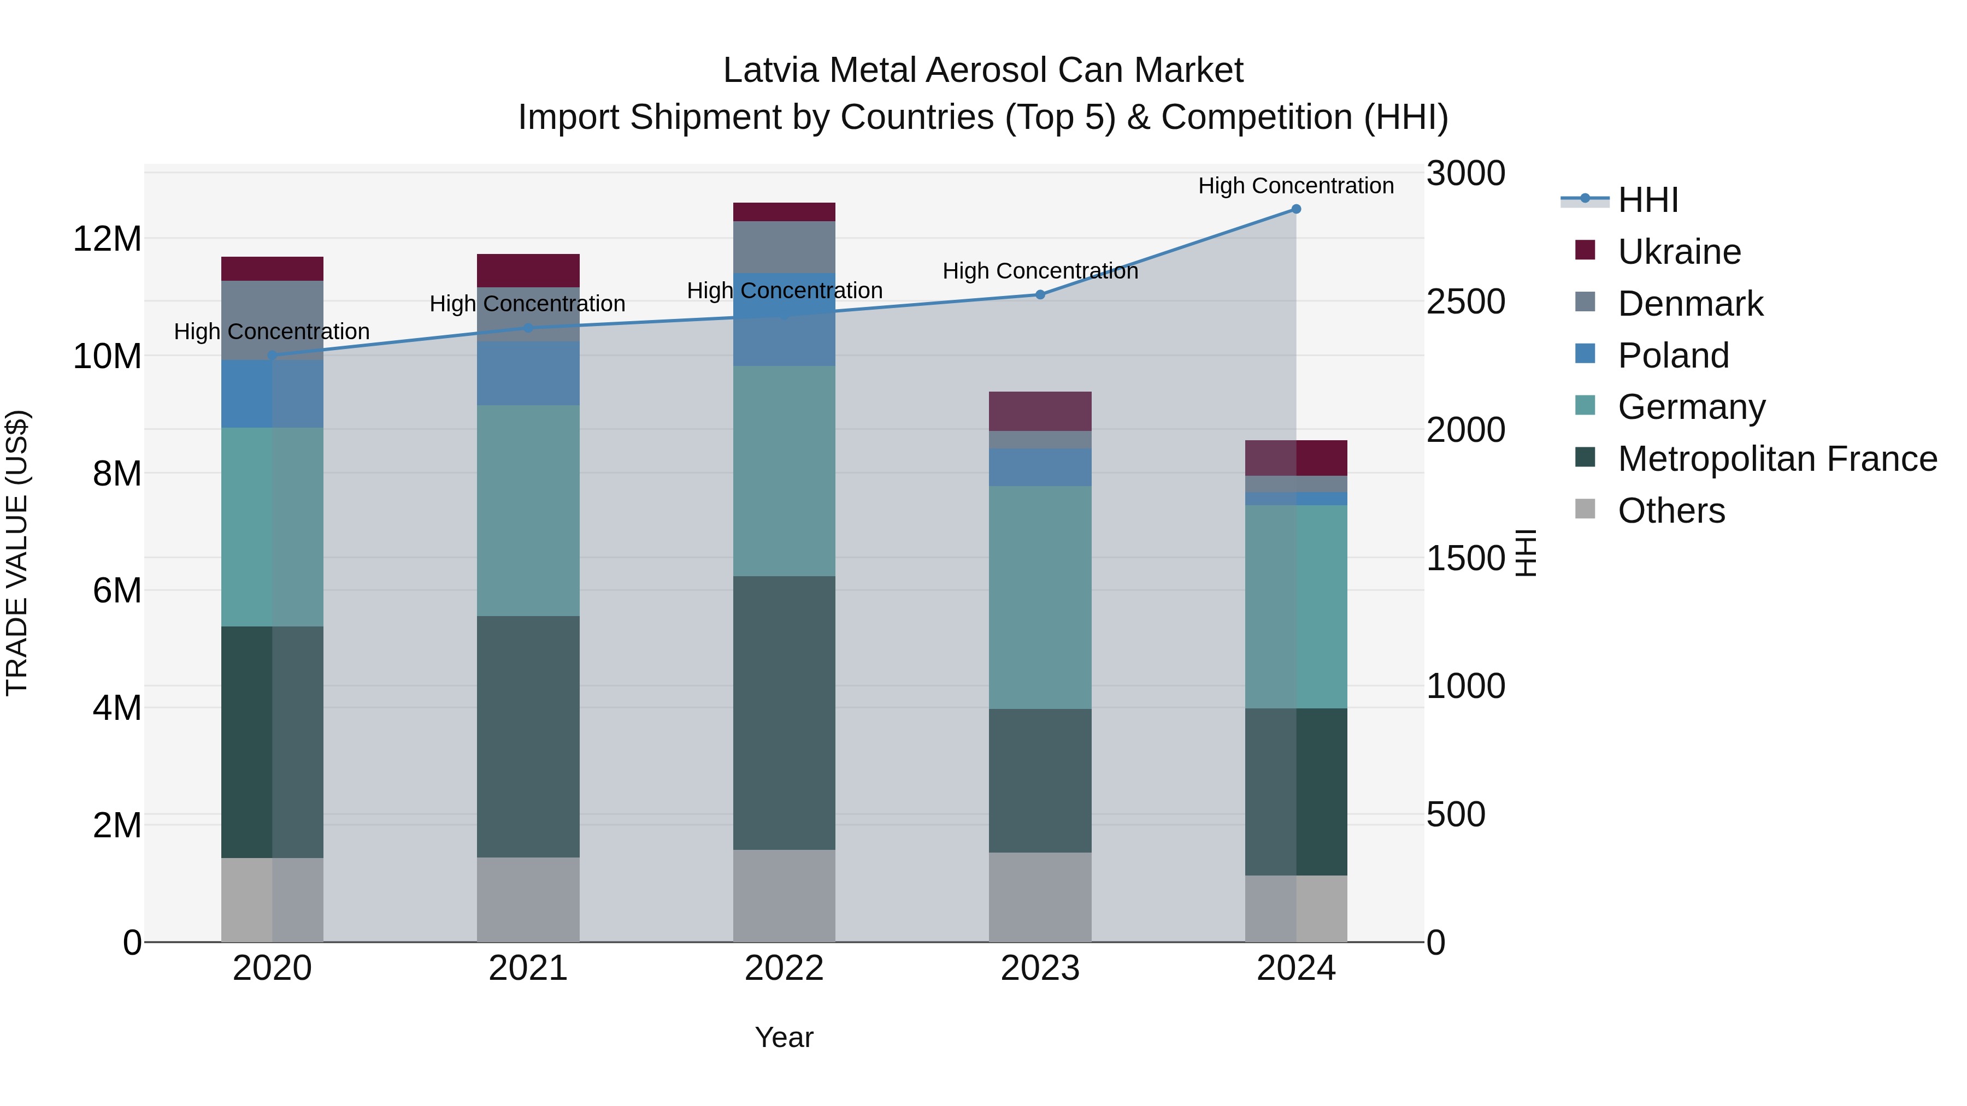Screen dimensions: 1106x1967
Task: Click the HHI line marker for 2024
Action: pyautogui.click(x=1296, y=209)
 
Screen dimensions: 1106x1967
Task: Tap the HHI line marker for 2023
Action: pyautogui.click(x=1040, y=294)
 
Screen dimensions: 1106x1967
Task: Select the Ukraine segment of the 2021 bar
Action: pyautogui.click(x=528, y=270)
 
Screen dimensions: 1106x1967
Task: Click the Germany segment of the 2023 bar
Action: pyautogui.click(x=1040, y=597)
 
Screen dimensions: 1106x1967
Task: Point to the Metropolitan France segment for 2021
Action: pyautogui.click(x=528, y=737)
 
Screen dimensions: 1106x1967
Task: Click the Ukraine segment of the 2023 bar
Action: pyautogui.click(x=1040, y=411)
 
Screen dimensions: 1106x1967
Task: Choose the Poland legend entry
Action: pyautogui.click(x=1672, y=356)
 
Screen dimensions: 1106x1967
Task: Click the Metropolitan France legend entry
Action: pyautogui.click(x=1777, y=459)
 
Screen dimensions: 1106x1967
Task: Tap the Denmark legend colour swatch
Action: pyautogui.click(x=1585, y=302)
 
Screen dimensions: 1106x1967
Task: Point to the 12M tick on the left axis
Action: pyautogui.click(x=107, y=239)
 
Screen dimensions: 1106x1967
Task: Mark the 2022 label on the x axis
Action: pyautogui.click(x=784, y=968)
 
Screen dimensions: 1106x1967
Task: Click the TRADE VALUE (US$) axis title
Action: pyautogui.click(x=17, y=553)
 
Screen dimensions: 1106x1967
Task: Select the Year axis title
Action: pyautogui.click(x=784, y=1037)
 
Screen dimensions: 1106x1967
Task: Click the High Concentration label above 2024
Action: pyautogui.click(x=1296, y=186)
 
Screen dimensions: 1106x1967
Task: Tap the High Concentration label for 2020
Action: pyautogui.click(x=272, y=332)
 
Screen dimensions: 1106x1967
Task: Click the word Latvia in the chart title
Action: pyautogui.click(x=770, y=70)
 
